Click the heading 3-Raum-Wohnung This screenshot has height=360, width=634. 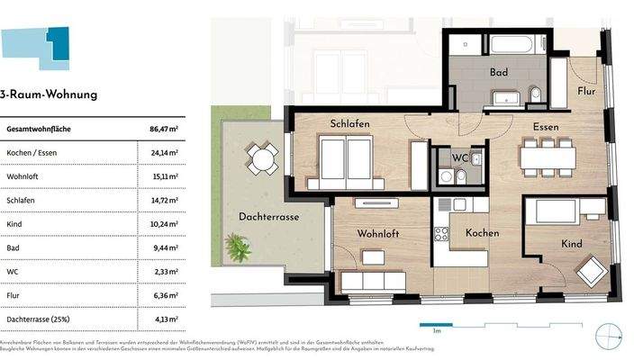click(x=49, y=94)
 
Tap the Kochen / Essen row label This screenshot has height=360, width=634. click(x=33, y=153)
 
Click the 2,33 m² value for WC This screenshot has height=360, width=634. click(x=163, y=270)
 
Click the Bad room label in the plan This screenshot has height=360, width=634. click(x=500, y=72)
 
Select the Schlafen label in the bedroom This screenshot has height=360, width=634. click(x=350, y=124)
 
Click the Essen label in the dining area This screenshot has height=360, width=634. click(x=546, y=127)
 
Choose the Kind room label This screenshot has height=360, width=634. click(x=571, y=244)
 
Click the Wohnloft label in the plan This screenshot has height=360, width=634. click(x=378, y=233)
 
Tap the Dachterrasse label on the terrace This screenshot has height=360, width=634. click(x=269, y=217)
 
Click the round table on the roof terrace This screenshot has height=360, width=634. click(x=264, y=160)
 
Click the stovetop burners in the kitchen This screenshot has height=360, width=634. click(x=441, y=235)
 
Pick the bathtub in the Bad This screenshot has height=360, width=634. click(x=519, y=44)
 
